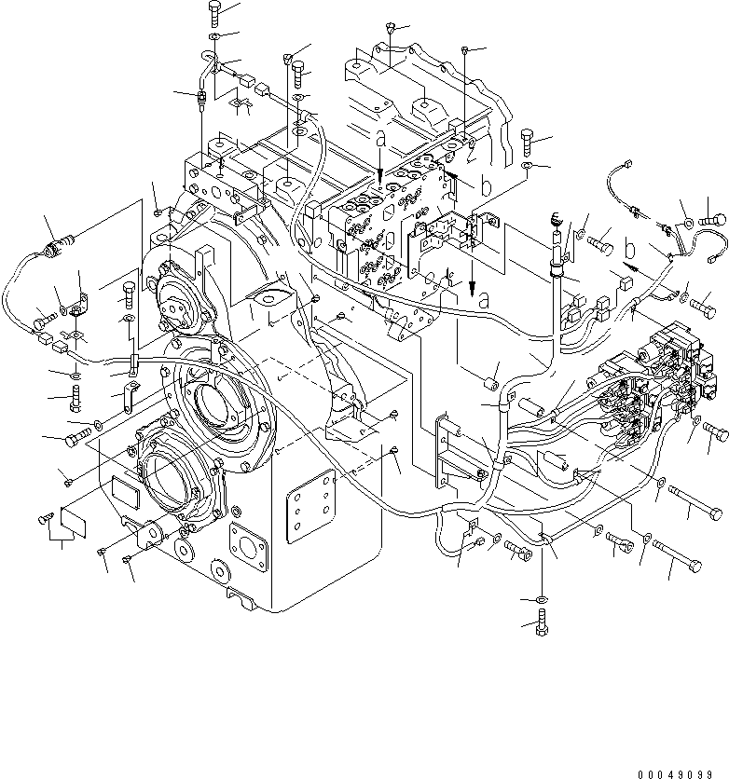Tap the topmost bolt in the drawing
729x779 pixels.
point(216,12)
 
